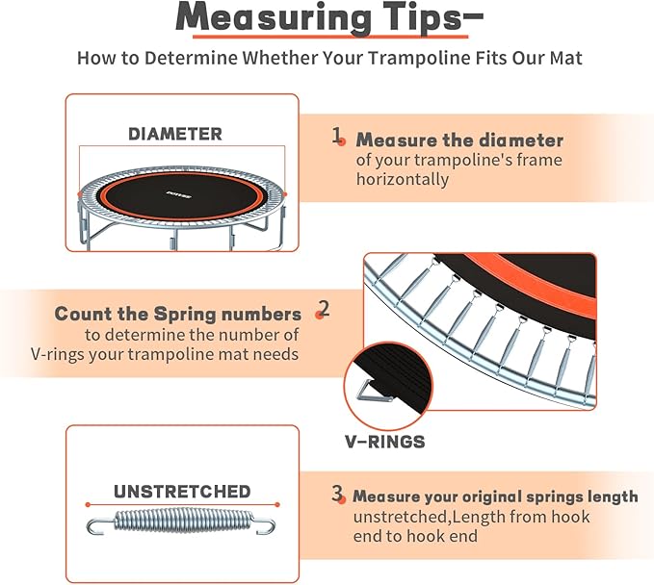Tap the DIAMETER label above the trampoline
click(175, 134)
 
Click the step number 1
click(337, 137)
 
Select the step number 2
click(324, 309)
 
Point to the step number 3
click(337, 495)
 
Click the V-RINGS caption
click(385, 443)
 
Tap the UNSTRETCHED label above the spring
click(182, 492)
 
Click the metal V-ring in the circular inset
click(367, 390)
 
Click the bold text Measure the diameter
click(459, 140)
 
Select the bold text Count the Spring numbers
click(177, 314)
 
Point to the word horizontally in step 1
click(403, 179)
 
